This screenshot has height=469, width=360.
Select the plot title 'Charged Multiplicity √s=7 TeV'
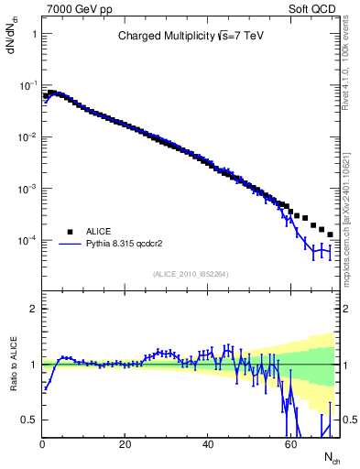click(191, 37)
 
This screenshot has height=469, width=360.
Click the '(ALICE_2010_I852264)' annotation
click(190, 273)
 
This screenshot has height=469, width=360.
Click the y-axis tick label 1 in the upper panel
click(34, 34)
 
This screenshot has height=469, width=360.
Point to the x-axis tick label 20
click(125, 444)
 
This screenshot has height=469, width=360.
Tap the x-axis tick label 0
click(42, 444)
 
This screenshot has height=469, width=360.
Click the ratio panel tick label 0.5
click(29, 420)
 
